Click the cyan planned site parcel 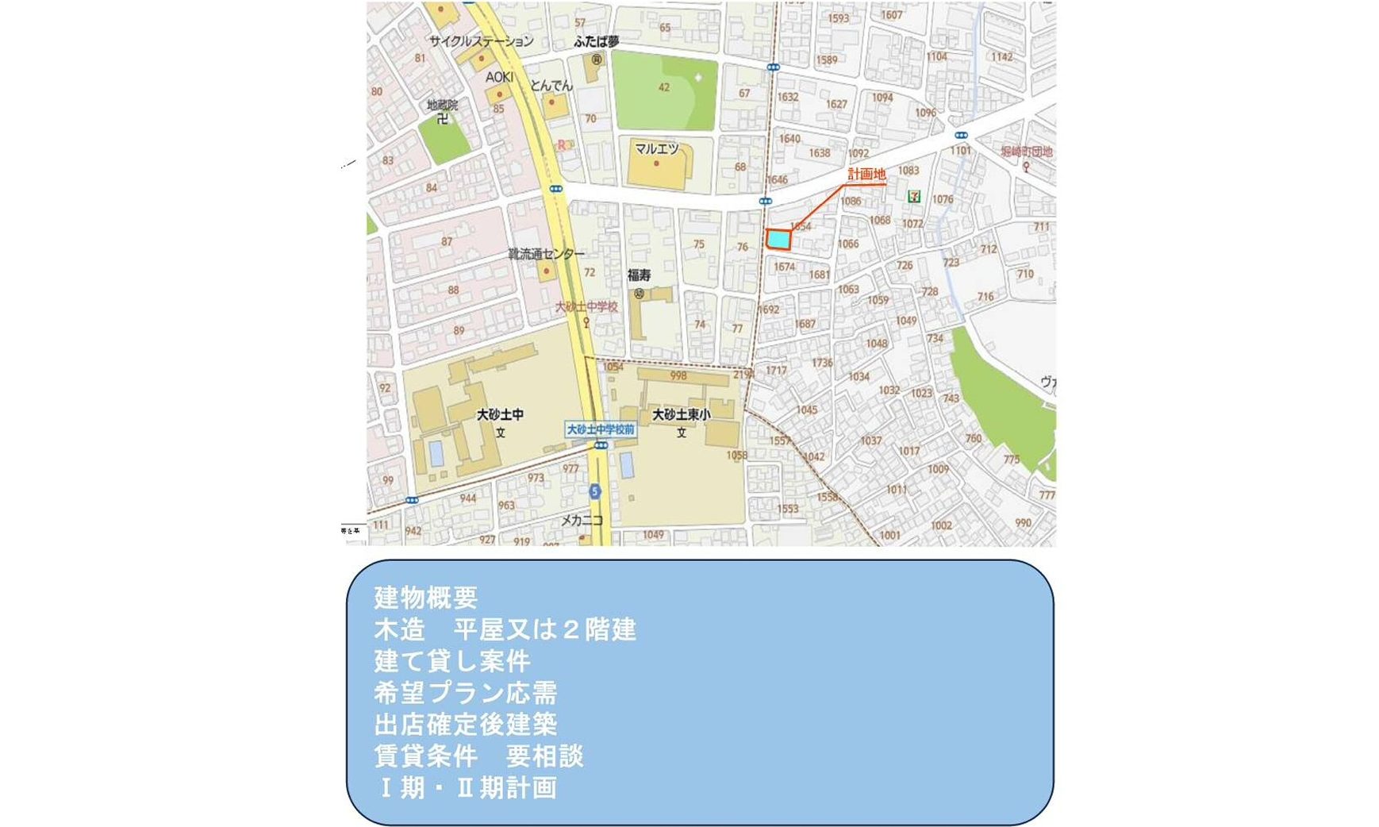(778, 239)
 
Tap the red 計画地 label (866, 175)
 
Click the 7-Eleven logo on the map (914, 195)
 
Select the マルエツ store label (656, 148)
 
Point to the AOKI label (499, 77)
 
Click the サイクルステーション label (481, 41)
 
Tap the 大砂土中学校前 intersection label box (601, 429)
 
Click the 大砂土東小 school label (681, 414)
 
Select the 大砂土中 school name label (500, 414)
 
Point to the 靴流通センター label (546, 254)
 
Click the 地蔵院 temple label (442, 105)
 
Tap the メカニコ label (582, 521)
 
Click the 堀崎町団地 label (1026, 152)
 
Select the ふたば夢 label (596, 41)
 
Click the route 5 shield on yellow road (594, 491)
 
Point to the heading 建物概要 (425, 598)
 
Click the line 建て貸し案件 (451, 661)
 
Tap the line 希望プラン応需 (465, 693)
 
